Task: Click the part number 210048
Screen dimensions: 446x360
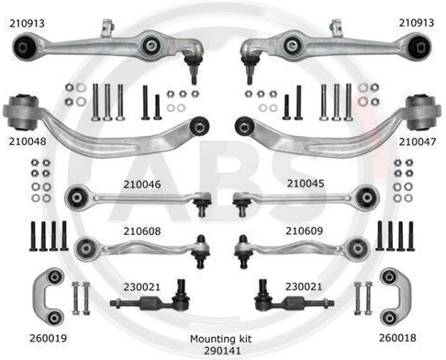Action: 28,141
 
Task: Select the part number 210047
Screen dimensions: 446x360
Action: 418,141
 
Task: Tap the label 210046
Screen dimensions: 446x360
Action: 142,185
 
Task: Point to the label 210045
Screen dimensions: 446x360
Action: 306,184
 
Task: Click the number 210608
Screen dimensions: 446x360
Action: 142,231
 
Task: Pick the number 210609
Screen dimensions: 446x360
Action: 304,231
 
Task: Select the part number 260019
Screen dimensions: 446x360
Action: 48,338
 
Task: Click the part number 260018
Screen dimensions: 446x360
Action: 397,338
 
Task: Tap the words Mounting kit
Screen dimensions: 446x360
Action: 220,339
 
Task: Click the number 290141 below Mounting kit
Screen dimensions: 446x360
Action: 222,351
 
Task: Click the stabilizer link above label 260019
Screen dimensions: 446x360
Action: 49,297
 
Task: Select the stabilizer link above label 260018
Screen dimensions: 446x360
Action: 396,297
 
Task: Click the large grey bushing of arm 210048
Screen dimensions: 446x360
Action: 21,112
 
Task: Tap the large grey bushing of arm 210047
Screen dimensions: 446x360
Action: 423,112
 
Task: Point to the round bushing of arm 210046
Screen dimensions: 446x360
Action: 76,197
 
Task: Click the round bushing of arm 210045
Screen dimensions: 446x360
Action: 367,197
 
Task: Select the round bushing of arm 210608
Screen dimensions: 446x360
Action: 85,248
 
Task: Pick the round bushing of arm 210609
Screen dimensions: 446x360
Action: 358,248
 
